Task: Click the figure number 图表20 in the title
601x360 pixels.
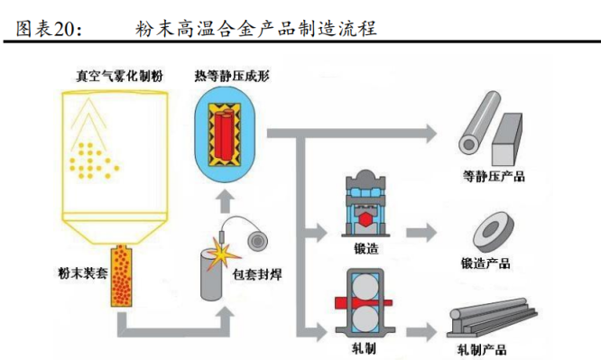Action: tap(47, 28)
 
